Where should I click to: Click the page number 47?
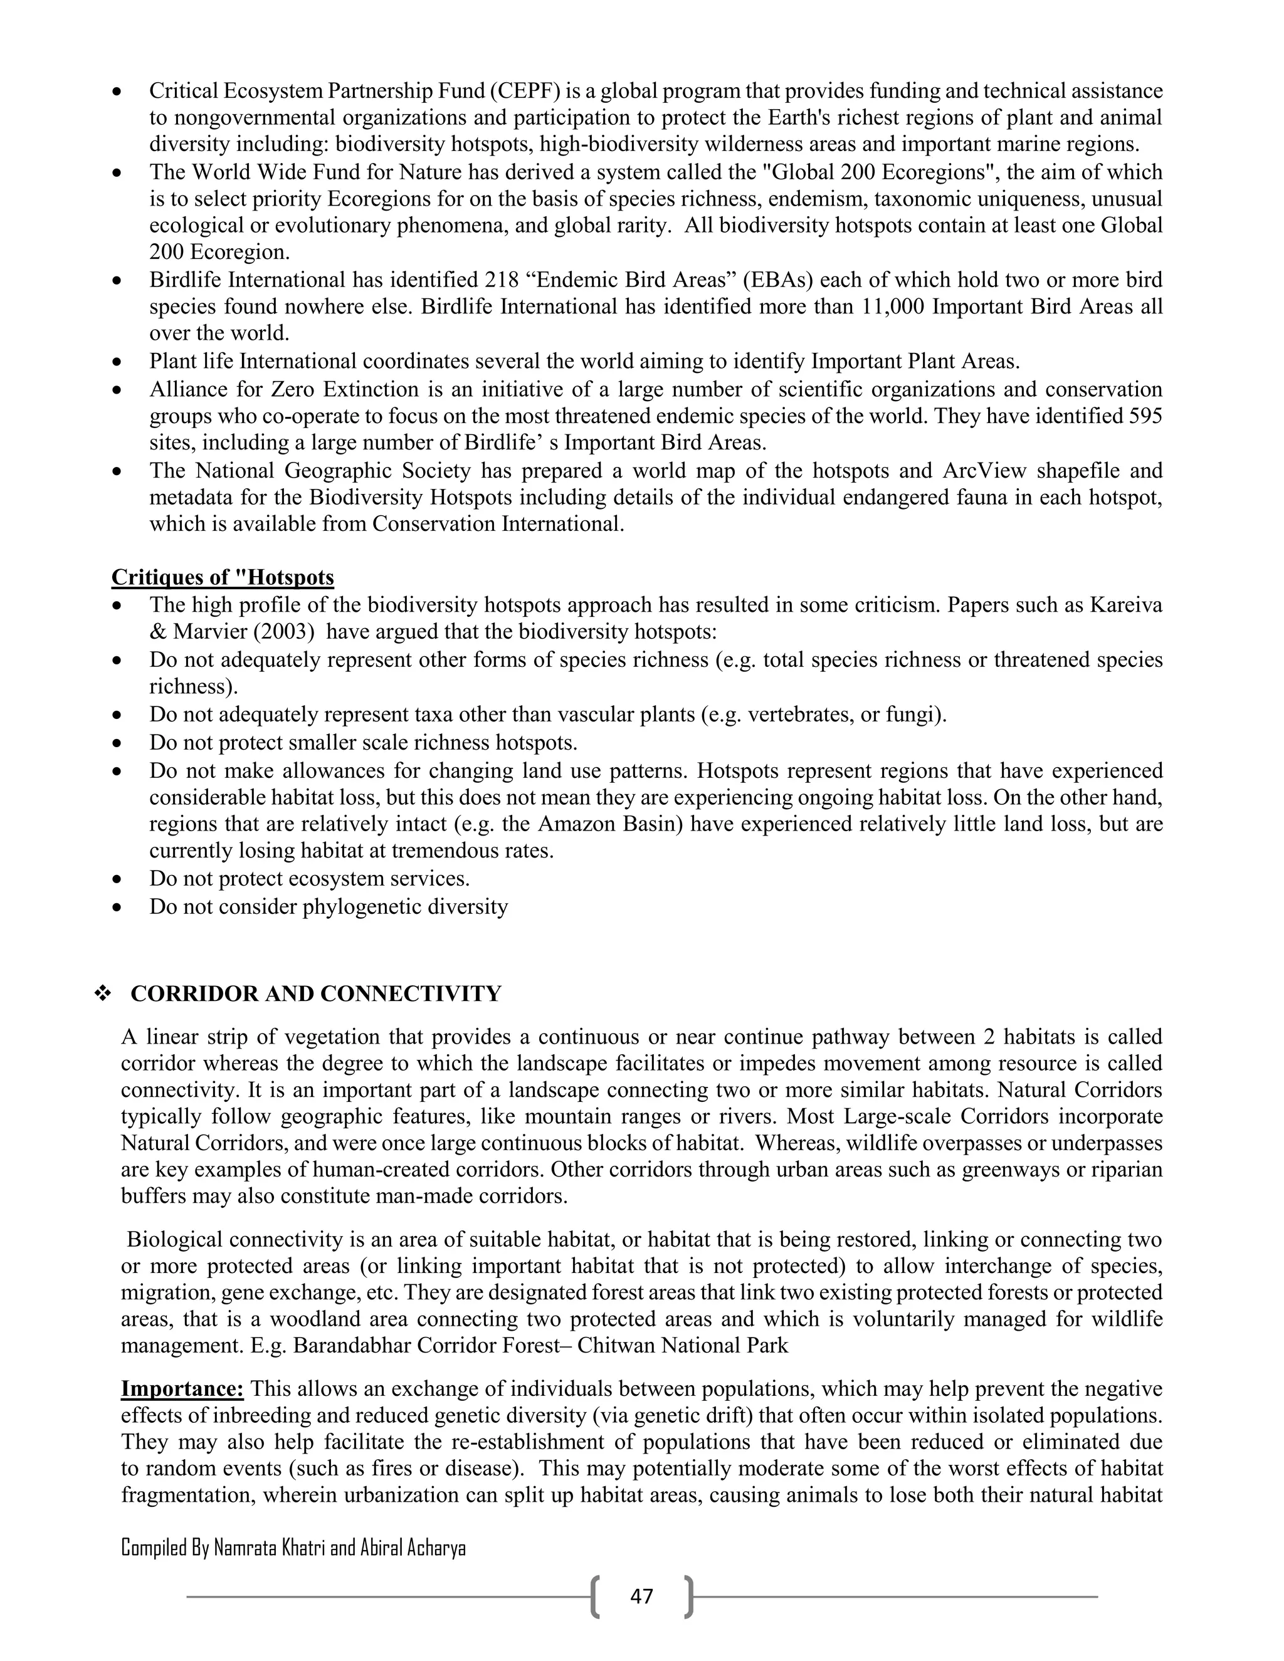[x=641, y=1596]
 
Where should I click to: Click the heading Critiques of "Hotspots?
[x=222, y=577]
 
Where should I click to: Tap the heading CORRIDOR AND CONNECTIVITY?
[x=316, y=993]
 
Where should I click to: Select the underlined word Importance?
[x=182, y=1389]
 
